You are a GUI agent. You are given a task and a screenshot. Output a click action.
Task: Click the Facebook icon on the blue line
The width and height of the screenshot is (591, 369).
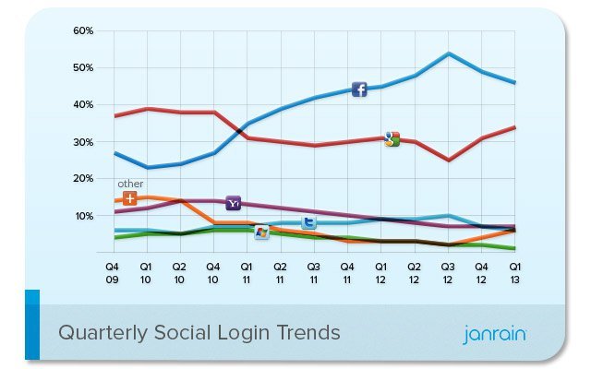click(359, 89)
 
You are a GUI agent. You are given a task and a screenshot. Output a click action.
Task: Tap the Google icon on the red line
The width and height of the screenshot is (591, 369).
click(392, 139)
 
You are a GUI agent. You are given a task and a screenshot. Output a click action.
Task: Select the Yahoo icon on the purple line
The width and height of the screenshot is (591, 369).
click(234, 202)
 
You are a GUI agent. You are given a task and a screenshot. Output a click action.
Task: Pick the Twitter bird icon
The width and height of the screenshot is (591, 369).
click(309, 221)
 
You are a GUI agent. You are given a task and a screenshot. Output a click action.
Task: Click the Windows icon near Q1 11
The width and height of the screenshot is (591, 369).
click(262, 232)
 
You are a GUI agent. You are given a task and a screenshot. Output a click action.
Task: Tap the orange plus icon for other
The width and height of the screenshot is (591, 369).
click(130, 198)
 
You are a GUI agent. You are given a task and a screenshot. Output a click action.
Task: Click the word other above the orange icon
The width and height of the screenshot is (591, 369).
click(130, 184)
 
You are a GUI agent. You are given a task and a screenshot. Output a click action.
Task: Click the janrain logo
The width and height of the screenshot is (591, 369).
click(494, 333)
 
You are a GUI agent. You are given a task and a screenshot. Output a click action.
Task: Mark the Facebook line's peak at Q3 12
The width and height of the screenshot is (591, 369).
click(448, 54)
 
